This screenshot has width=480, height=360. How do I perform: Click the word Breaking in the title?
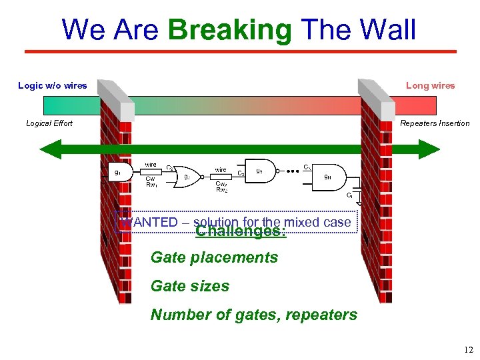(230, 30)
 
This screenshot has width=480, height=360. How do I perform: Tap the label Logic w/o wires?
(52, 85)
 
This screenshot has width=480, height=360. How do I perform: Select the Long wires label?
(430, 85)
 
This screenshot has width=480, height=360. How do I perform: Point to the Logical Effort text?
(49, 123)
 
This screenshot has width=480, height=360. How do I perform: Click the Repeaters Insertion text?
(435, 123)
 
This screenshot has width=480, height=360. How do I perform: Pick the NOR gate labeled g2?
(188, 177)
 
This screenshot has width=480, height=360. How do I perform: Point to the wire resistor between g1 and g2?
(151, 171)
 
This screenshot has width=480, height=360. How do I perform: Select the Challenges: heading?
(241, 231)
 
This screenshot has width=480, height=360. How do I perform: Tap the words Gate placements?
(214, 257)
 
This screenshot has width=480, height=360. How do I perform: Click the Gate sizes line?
(190, 286)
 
